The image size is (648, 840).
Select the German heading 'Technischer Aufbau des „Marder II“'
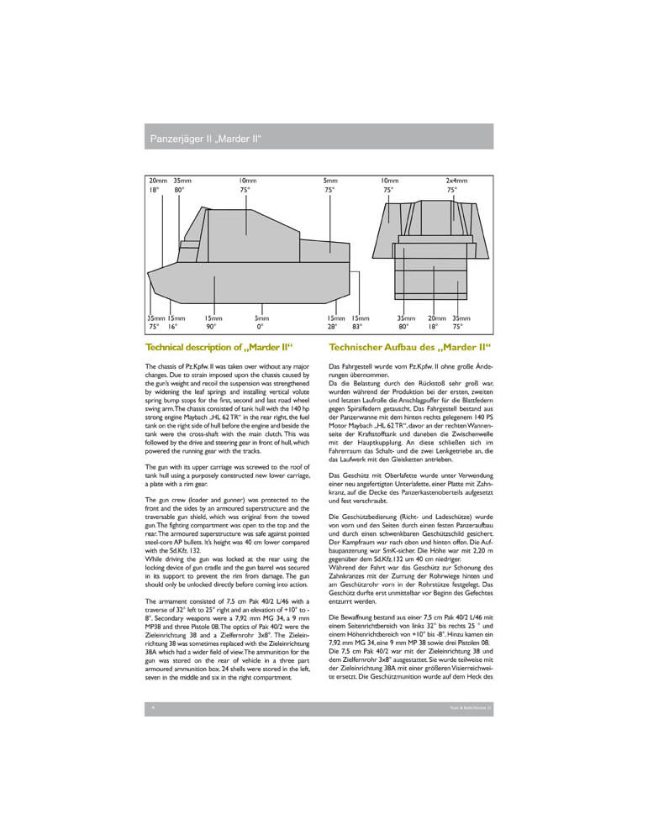pyautogui.click(x=410, y=347)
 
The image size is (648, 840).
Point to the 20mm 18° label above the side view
pyautogui.click(x=157, y=185)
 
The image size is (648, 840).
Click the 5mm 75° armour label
pyautogui.click(x=330, y=185)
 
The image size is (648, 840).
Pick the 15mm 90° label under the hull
pyautogui.click(x=213, y=323)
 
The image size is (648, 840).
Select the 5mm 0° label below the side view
pyautogui.click(x=262, y=323)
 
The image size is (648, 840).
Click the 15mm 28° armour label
pyautogui.click(x=336, y=323)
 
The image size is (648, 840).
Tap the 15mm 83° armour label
pyautogui.click(x=361, y=323)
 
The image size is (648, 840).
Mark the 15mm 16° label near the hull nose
pyautogui.click(x=176, y=323)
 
